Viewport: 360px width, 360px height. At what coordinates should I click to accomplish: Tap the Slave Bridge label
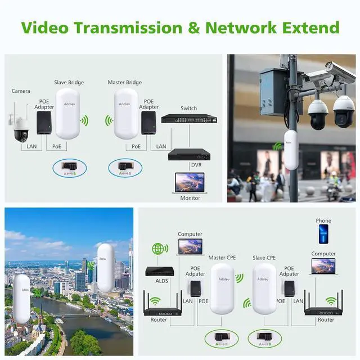(69, 83)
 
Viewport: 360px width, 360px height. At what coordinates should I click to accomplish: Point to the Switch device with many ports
(188, 119)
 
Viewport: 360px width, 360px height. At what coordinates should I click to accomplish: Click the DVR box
(189, 154)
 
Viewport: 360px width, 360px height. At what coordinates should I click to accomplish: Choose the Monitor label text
(190, 198)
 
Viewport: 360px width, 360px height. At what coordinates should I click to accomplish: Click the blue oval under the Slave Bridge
(69, 167)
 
